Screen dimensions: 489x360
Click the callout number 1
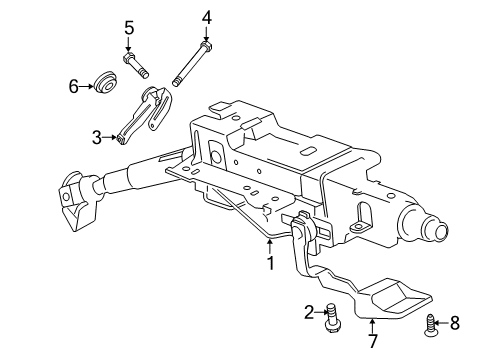point(270,263)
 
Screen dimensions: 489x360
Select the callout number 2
point(309,312)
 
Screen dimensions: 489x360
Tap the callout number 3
point(97,137)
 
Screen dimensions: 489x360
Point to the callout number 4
point(207,18)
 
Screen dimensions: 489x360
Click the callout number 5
point(129,28)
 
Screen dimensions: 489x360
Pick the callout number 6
point(74,87)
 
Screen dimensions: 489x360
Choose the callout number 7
point(373,341)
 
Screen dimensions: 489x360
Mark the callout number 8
point(455,323)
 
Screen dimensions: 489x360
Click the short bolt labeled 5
point(136,65)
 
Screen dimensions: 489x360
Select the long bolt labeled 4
point(193,64)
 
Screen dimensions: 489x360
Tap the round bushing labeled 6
point(105,82)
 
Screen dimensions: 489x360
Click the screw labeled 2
point(332,318)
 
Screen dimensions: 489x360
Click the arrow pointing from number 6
point(86,87)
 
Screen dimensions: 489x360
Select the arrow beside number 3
point(109,137)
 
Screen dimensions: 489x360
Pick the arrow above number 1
point(270,247)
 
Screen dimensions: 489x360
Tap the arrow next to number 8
point(442,323)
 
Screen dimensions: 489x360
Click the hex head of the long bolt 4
point(207,46)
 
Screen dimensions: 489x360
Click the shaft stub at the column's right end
point(437,230)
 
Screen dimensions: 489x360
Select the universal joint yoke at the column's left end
point(77,199)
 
